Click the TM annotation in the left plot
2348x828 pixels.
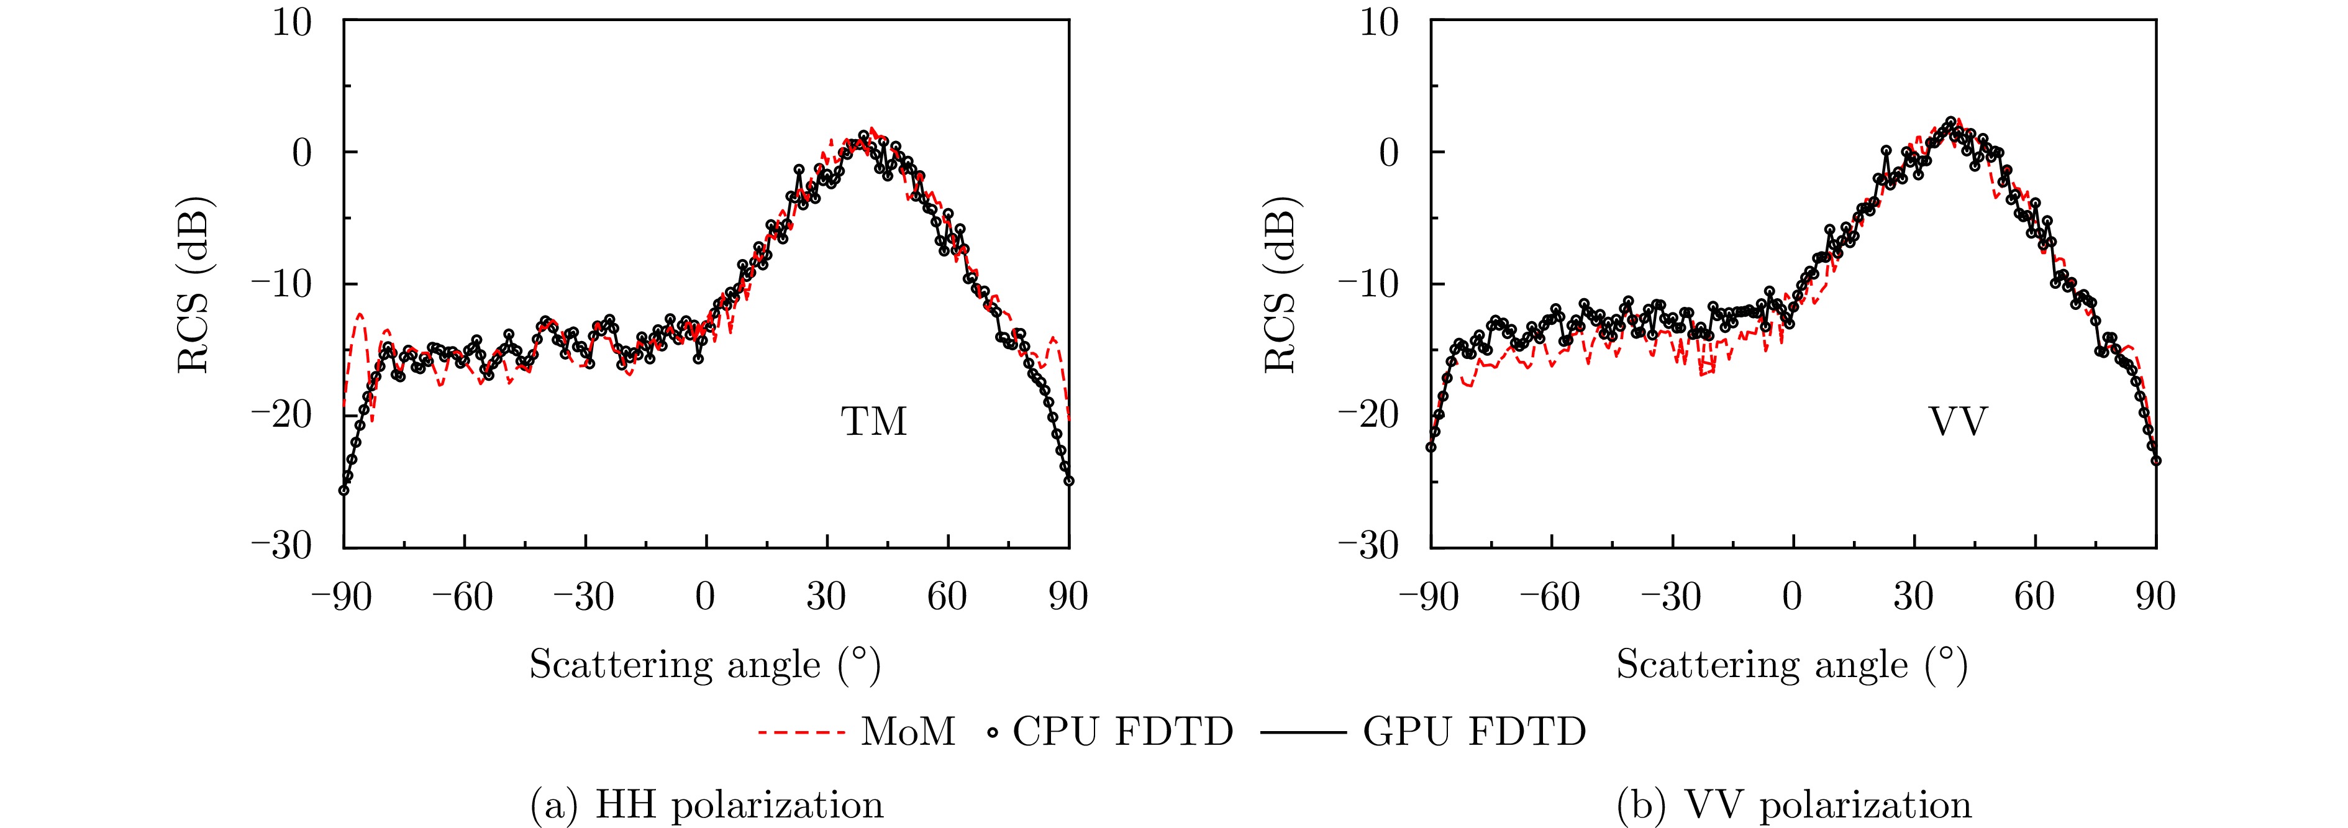pyautogui.click(x=874, y=421)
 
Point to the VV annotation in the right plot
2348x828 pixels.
pyautogui.click(x=1958, y=421)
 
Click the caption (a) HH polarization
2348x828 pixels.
pyautogui.click(x=706, y=805)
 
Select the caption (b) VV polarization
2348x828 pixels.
pyautogui.click(x=1794, y=805)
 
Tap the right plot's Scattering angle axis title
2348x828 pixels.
pyautogui.click(x=1792, y=665)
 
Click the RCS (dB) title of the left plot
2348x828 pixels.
pyautogui.click(x=193, y=284)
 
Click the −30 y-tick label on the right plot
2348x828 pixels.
pyautogui.click(x=1367, y=545)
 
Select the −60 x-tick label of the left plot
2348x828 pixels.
pyautogui.click(x=462, y=598)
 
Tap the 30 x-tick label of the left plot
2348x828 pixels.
pyautogui.click(x=826, y=598)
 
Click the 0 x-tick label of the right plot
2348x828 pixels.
pyautogui.click(x=1792, y=598)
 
